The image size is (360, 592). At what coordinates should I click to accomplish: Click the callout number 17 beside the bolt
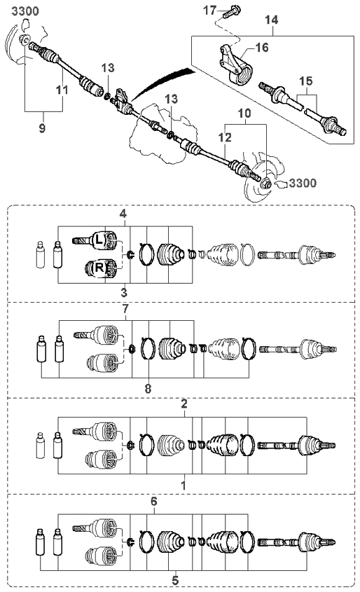tap(210, 10)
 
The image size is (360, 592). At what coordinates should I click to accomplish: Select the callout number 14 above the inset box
tap(271, 20)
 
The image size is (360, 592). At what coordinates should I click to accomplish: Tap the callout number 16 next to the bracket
tap(261, 48)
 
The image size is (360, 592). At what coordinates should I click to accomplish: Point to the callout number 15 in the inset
tap(305, 81)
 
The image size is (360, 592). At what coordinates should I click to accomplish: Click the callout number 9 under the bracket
tap(42, 128)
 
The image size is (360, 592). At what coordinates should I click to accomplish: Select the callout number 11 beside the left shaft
tap(62, 90)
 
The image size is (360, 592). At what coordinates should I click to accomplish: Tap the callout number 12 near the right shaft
tap(225, 137)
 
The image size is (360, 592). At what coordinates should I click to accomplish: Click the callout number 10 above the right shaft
tap(244, 113)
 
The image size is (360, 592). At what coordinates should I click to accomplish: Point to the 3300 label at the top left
tap(25, 11)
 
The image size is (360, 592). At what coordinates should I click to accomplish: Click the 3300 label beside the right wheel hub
tap(303, 184)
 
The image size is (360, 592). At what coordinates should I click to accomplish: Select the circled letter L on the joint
tap(99, 240)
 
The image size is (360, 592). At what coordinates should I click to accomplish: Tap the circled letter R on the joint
tap(99, 268)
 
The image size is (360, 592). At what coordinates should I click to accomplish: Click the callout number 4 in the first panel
tap(123, 214)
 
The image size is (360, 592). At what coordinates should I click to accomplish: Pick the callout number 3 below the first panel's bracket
tap(124, 292)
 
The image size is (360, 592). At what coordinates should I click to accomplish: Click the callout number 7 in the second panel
tap(125, 308)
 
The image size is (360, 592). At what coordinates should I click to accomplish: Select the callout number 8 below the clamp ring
tap(148, 388)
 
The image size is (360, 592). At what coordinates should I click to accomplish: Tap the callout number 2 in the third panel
tap(184, 404)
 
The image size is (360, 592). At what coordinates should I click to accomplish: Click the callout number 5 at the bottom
tap(175, 580)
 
